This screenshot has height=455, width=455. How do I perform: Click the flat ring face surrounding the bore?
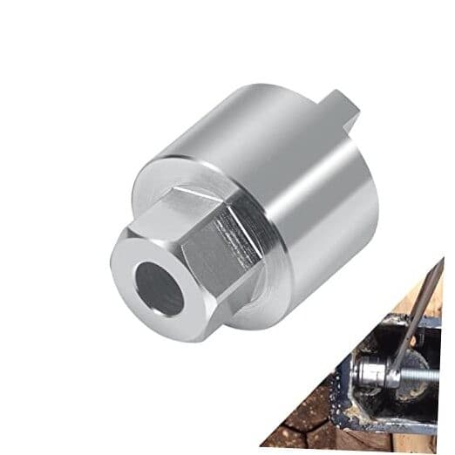[x=131, y=261]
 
